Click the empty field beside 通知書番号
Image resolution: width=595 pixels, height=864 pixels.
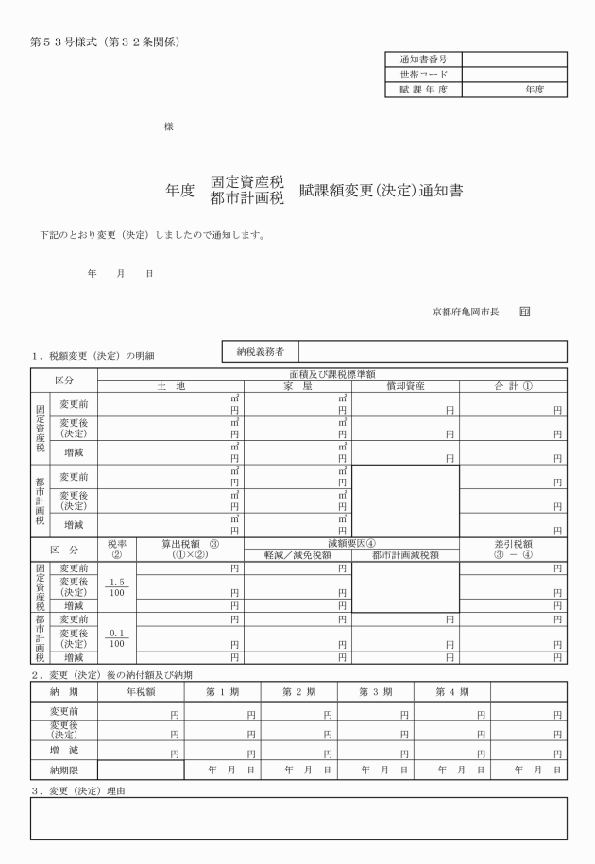[x=514, y=59]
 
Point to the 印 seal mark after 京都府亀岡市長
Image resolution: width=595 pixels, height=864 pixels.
[x=525, y=310]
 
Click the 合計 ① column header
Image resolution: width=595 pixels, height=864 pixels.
[x=514, y=386]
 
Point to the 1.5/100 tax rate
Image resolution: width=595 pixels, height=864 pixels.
[x=118, y=588]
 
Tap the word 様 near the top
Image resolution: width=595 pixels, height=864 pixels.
[x=168, y=127]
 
